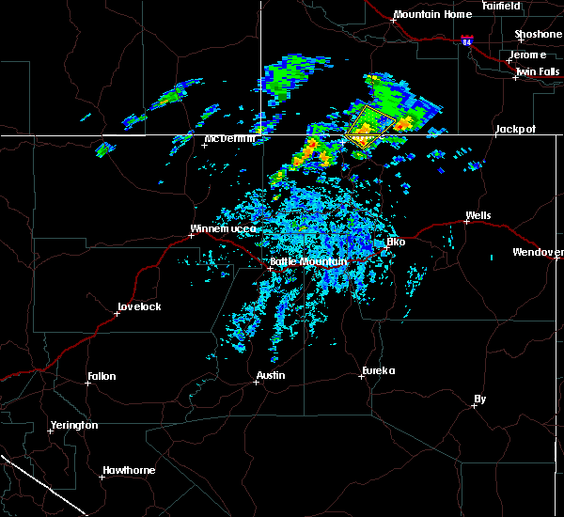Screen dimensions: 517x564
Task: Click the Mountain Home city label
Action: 432,14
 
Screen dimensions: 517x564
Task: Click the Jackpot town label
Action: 515,128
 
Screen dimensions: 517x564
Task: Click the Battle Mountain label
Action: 308,261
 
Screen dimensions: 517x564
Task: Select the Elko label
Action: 396,242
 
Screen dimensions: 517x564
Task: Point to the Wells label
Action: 478,216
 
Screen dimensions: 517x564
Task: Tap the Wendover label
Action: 538,252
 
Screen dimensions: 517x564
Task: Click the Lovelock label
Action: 139,306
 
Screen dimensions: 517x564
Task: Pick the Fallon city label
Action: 102,376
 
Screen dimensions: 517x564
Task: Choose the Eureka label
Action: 380,370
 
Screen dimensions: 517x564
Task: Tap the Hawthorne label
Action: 129,470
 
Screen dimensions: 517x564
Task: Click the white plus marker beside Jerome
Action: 509,60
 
